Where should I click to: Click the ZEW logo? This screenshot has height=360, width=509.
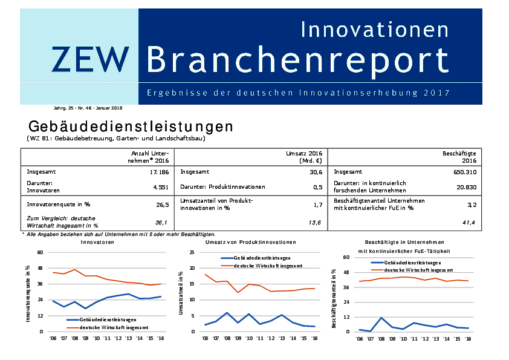pos(90,59)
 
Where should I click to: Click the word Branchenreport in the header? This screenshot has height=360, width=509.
pos(297,59)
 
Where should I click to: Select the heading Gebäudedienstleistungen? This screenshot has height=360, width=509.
pos(131,126)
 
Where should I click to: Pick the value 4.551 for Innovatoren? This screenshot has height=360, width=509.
pos(160,188)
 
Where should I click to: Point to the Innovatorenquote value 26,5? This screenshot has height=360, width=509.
pos(162,205)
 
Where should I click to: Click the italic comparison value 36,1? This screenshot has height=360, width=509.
pos(161,223)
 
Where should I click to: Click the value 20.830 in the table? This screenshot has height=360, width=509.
pos(466,188)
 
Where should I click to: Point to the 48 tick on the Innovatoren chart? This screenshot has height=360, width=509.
pos(40,268)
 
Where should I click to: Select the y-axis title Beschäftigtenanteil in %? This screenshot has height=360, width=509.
pos(334,298)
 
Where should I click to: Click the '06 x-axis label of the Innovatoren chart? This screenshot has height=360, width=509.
pos(53,338)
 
